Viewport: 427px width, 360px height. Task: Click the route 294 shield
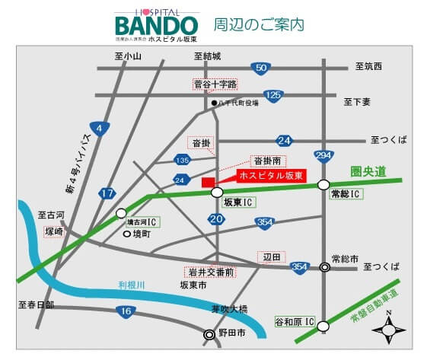pyautogui.click(x=324, y=156)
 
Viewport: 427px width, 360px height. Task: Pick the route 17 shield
pyautogui.click(x=107, y=194)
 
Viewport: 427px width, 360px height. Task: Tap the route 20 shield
pyautogui.click(x=216, y=219)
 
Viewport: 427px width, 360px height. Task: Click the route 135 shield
pyautogui.click(x=183, y=160)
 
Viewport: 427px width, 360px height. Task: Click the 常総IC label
pyautogui.click(x=346, y=194)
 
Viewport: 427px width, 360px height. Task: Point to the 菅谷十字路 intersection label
pyautogui.click(x=215, y=84)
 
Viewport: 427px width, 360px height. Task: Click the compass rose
pyautogui.click(x=390, y=330)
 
